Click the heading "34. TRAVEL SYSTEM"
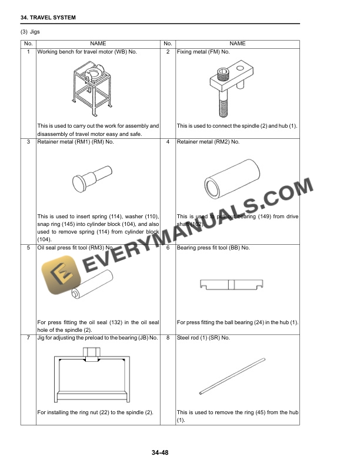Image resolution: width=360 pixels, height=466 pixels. pos(48,18)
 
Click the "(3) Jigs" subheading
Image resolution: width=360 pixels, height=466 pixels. pos(33,32)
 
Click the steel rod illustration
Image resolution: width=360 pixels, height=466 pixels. pos(233,375)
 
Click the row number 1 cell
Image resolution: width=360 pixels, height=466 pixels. pos(28,52)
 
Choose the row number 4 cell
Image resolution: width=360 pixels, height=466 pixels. pos(168,142)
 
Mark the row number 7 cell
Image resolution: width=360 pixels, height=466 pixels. pos(28,338)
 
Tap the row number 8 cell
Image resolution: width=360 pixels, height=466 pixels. pos(168,338)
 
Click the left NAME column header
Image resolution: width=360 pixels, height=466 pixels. pos(98,44)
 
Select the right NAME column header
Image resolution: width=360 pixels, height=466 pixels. pos(238,44)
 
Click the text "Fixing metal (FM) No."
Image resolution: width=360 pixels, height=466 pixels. pos(203,52)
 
